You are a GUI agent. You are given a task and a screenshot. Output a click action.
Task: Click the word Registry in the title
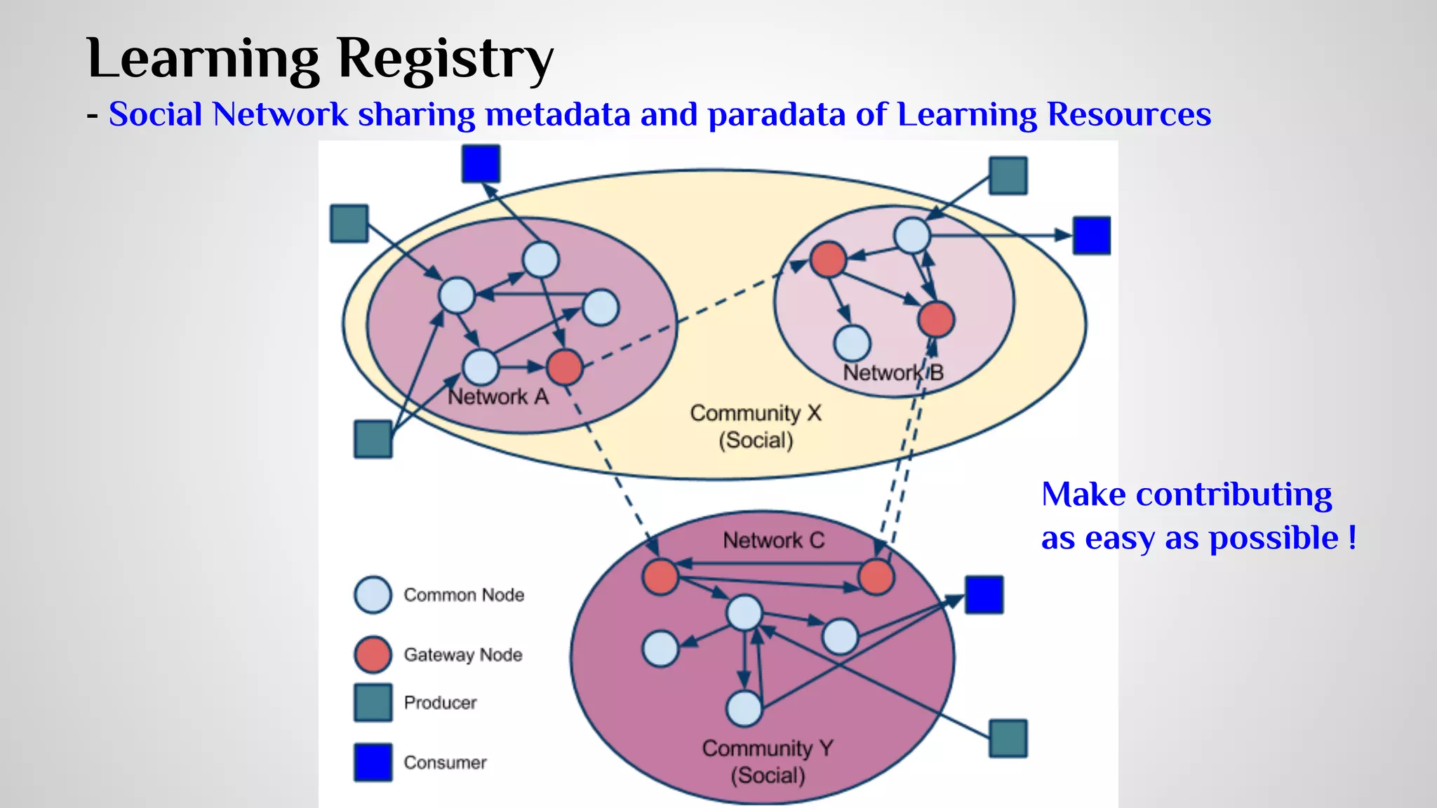[x=446, y=59]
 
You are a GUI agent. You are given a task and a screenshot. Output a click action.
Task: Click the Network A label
[x=498, y=397]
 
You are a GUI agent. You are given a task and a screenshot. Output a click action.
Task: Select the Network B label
[x=893, y=372]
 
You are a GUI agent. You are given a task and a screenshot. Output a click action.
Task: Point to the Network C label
[x=773, y=540]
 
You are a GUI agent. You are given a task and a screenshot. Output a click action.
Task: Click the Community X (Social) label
[x=756, y=426]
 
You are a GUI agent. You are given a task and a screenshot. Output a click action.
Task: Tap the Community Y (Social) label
[x=768, y=762]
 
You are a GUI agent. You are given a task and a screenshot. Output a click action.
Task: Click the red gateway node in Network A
[x=565, y=367]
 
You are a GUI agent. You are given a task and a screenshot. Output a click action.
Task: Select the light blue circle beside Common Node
[x=373, y=595]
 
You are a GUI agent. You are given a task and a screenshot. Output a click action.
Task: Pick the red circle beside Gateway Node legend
[x=373, y=654]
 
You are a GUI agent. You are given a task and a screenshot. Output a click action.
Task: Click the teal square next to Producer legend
[x=373, y=703]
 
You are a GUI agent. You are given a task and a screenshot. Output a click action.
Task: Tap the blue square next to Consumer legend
[x=373, y=762]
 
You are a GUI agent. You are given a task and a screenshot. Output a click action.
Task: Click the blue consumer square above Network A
[x=481, y=163]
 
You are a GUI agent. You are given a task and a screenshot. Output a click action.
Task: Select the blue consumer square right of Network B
[x=1092, y=235]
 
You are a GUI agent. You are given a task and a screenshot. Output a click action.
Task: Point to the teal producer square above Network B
[x=1008, y=175]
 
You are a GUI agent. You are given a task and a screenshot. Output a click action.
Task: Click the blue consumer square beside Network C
[x=984, y=595]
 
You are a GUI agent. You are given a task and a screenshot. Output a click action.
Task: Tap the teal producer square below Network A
[x=373, y=439]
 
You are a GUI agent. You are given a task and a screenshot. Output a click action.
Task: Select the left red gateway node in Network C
[x=660, y=577]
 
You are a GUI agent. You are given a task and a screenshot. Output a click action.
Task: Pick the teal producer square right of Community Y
[x=1008, y=739]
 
